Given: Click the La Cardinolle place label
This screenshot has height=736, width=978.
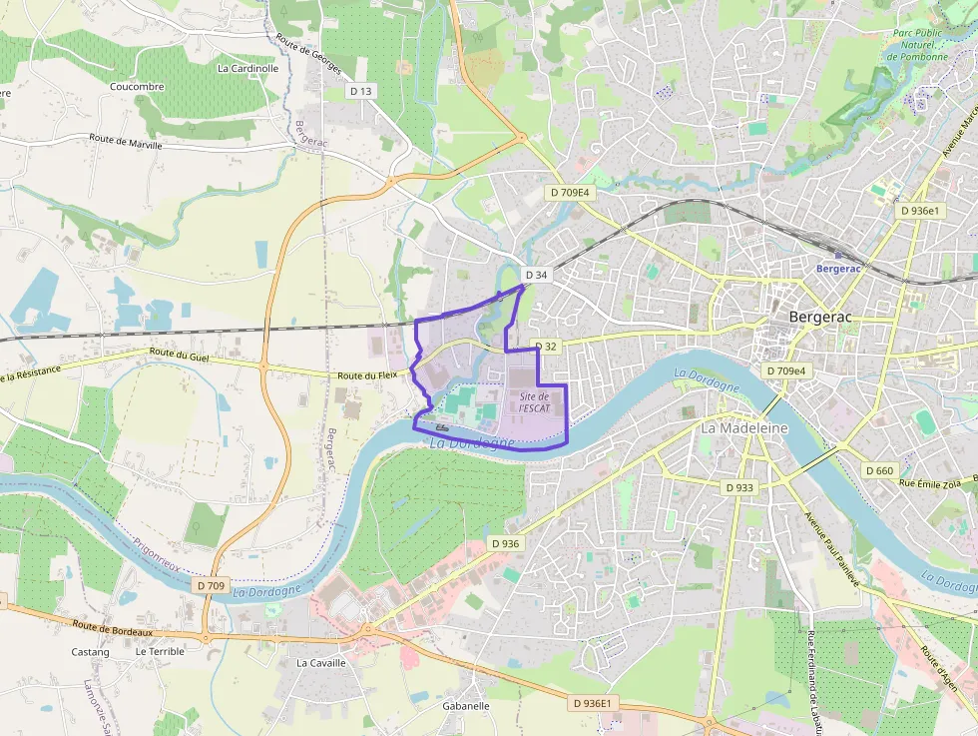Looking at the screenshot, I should click(x=247, y=69).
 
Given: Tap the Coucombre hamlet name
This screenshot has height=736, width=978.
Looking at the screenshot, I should click(x=137, y=87).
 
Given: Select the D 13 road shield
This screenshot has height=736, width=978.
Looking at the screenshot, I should click(x=360, y=91).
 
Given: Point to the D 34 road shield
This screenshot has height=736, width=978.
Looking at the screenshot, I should click(x=536, y=275).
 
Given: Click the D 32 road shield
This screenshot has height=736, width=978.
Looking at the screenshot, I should click(x=545, y=347).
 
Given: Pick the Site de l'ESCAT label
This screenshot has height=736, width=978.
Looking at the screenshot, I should click(x=535, y=402).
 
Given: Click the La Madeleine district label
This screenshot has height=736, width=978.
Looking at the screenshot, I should click(x=743, y=427).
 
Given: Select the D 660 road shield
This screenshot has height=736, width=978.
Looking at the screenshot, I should click(x=879, y=470).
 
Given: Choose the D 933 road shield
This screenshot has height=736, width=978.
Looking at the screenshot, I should click(x=739, y=487).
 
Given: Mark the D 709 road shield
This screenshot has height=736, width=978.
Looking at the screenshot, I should click(x=212, y=585).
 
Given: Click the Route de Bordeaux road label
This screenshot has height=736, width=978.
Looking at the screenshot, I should click(x=112, y=628).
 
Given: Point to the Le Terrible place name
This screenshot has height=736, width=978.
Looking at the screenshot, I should click(x=160, y=651).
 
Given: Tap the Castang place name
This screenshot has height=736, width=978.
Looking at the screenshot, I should click(x=90, y=651).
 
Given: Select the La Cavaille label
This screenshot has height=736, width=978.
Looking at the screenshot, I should click(x=320, y=662).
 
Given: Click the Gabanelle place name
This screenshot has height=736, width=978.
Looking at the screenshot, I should click(x=465, y=705).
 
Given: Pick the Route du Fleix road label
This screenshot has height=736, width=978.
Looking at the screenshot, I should click(x=367, y=374).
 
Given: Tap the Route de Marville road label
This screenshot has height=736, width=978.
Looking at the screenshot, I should click(x=126, y=142).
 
